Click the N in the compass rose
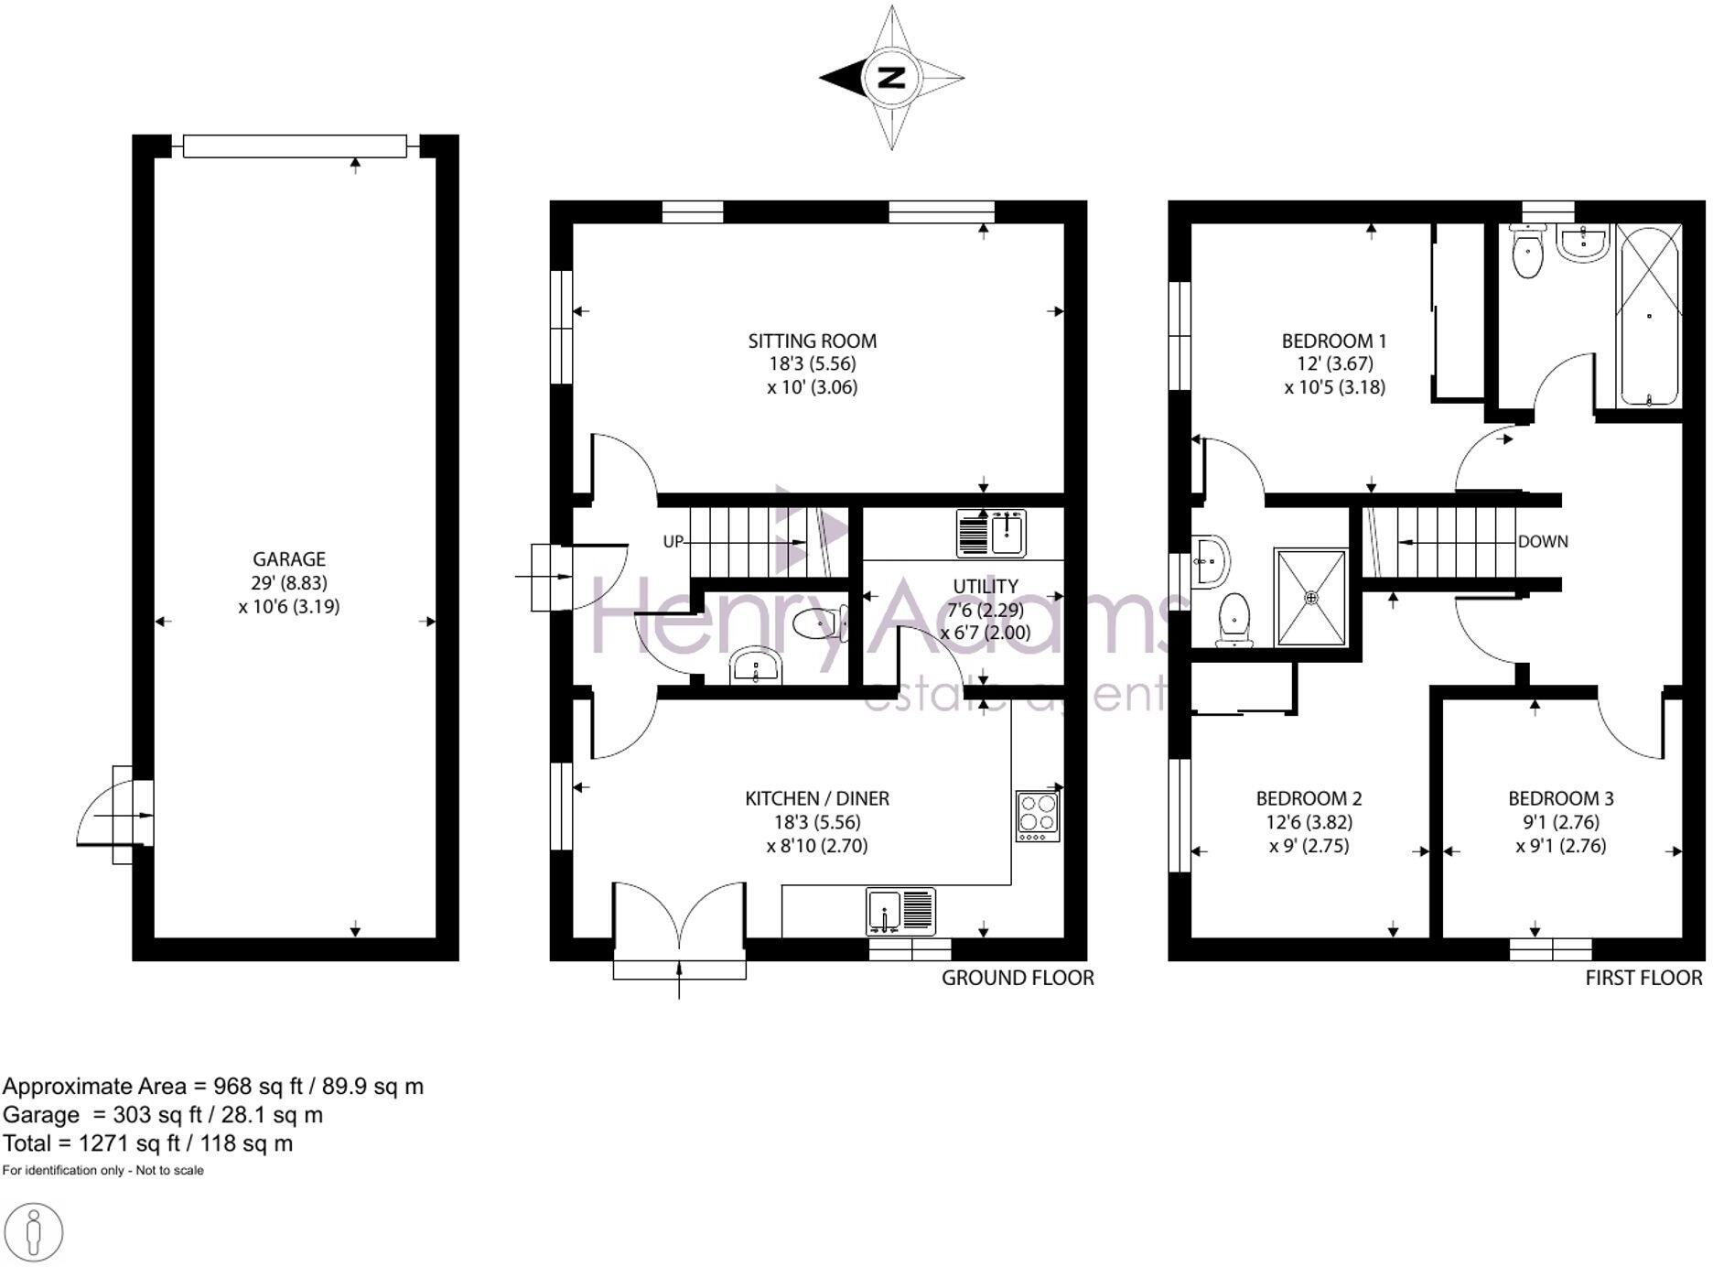click(891, 78)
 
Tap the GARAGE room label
click(289, 558)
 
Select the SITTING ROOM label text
click(812, 341)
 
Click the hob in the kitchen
click(1038, 816)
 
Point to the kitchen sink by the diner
click(900, 912)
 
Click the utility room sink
click(992, 533)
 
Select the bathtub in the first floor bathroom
click(1648, 316)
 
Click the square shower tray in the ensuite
click(1311, 597)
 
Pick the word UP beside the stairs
click(673, 541)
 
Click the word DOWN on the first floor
click(1543, 541)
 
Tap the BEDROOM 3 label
click(1560, 798)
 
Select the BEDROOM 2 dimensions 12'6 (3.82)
click(1309, 822)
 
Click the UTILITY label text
click(985, 586)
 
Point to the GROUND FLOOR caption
click(1018, 978)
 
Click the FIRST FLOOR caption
click(1643, 978)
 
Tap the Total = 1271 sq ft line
click(147, 1142)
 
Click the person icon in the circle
click(35, 1232)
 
